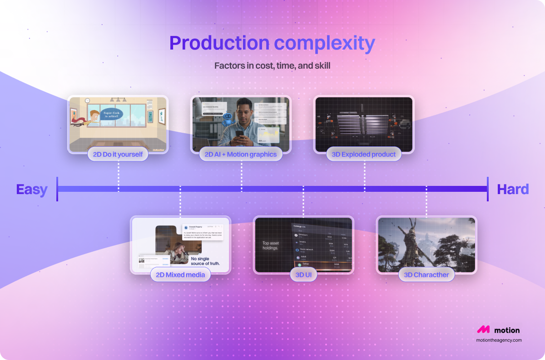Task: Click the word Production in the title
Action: pos(219,44)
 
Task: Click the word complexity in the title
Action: pos(324,44)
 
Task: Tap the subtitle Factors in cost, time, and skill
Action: pos(272,65)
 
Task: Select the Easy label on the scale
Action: pos(32,189)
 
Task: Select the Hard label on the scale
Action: pos(513,189)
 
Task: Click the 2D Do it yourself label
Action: pos(118,154)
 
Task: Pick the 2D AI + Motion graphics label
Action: pos(241,154)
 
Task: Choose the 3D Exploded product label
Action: pos(364,154)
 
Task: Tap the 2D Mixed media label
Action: pos(180,275)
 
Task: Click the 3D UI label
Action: pos(303,275)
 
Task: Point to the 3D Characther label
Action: pos(426,275)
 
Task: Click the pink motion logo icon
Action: pos(483,330)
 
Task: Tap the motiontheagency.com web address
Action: pos(498,340)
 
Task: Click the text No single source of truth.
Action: pos(205,261)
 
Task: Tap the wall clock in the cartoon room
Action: pos(86,100)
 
